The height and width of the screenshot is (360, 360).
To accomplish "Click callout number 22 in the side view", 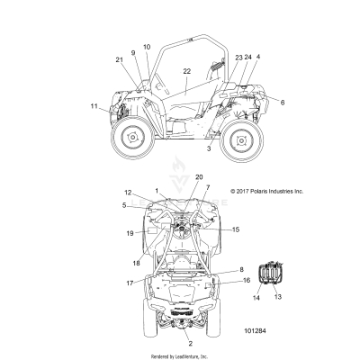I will pos(186,70).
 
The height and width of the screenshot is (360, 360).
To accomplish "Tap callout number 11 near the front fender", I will pos(94,106).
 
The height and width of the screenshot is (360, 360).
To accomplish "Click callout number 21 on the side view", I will pos(119,59).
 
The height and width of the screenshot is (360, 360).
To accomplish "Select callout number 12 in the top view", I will pos(128,193).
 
